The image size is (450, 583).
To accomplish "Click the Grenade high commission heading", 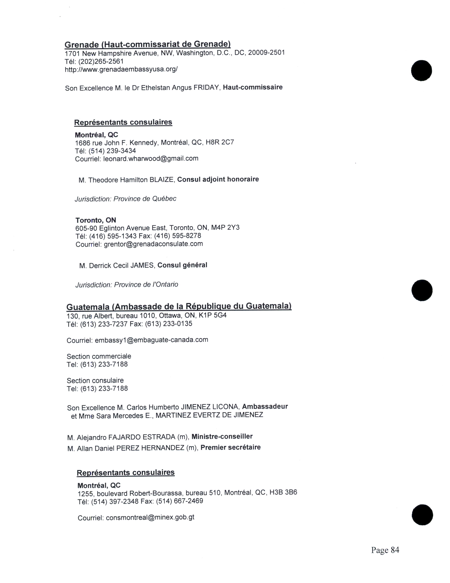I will point(147,44).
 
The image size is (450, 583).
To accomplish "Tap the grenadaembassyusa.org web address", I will point(121,69).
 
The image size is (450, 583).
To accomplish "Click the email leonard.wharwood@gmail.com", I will point(151,159).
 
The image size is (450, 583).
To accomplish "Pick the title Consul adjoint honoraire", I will point(218,179).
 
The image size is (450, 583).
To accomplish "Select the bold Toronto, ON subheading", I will point(96,220).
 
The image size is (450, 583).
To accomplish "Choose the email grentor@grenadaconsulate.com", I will point(153,244).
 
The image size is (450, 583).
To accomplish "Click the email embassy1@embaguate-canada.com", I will point(151,340).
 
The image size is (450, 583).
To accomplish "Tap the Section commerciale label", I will point(99,356).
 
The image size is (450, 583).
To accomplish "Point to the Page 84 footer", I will point(385,550).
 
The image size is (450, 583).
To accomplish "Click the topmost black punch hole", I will point(421,71).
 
